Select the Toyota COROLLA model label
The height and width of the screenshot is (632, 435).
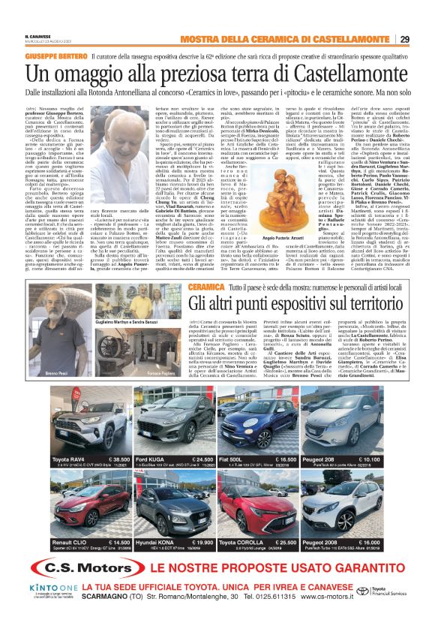pyautogui.click(x=244, y=542)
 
